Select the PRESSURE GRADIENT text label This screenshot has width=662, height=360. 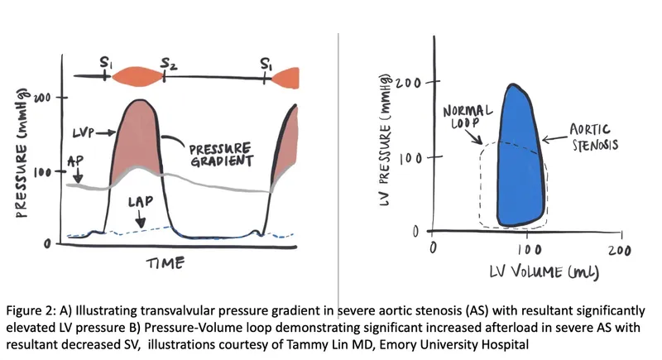(219, 154)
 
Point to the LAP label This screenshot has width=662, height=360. (140, 201)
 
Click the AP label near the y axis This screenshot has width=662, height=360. (74, 161)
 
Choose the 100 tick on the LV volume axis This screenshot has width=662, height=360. (525, 248)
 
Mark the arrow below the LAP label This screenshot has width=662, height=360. (140, 218)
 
